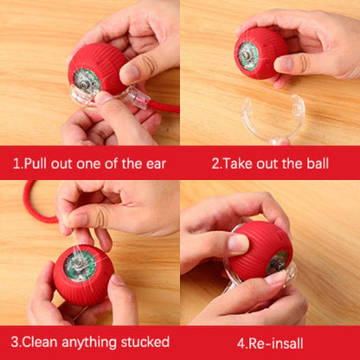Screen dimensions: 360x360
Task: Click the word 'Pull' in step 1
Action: (34, 164)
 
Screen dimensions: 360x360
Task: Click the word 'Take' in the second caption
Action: (238, 164)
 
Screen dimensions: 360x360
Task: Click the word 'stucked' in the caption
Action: (145, 343)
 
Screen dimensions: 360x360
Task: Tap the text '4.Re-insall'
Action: (270, 344)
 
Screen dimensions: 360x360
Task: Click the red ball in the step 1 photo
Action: (98, 69)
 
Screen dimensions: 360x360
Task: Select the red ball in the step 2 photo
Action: (260, 53)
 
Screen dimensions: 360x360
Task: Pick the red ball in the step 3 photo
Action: (83, 275)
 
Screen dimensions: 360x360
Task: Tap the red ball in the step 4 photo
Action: (260, 251)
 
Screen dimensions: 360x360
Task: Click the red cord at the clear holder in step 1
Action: (164, 107)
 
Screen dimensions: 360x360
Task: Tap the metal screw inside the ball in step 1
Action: (85, 83)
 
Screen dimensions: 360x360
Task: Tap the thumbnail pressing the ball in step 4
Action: (238, 243)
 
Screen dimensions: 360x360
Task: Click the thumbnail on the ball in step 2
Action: (282, 64)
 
